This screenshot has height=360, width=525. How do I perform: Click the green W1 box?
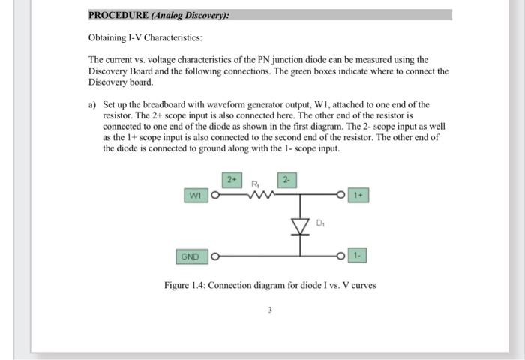pyautogui.click(x=194, y=196)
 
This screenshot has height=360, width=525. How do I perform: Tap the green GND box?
pyautogui.click(x=190, y=257)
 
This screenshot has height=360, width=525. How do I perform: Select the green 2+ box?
pyautogui.click(x=232, y=180)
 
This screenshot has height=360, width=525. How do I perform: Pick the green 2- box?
pyautogui.click(x=287, y=180)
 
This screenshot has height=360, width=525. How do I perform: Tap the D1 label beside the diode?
pyautogui.click(x=320, y=223)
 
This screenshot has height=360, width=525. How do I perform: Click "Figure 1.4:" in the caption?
pyautogui.click(x=184, y=285)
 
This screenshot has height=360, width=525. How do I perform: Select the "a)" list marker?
pyautogui.click(x=92, y=104)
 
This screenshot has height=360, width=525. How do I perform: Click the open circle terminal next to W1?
pyautogui.click(x=214, y=197)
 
